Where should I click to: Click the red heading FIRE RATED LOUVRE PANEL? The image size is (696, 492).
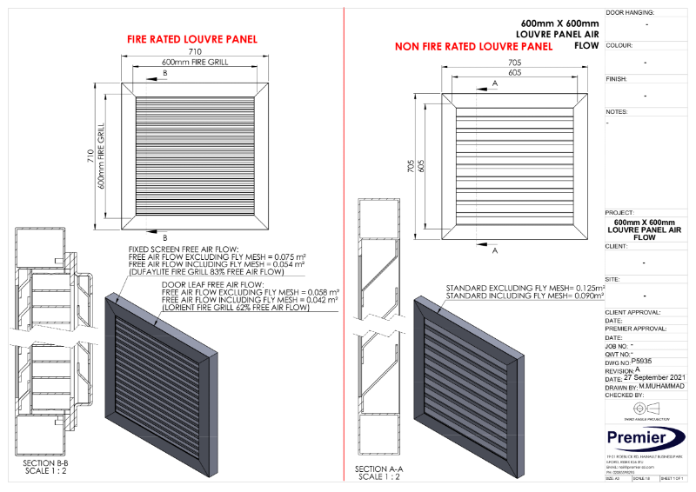coord(192,39)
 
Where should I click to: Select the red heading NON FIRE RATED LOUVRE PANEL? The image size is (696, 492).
coord(473,46)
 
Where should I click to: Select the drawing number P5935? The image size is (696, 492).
coord(642,361)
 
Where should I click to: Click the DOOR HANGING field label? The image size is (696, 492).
coord(630,13)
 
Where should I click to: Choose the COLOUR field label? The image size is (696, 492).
coord(619,45)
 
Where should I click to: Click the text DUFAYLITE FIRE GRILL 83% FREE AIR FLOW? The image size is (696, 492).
coord(217,272)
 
